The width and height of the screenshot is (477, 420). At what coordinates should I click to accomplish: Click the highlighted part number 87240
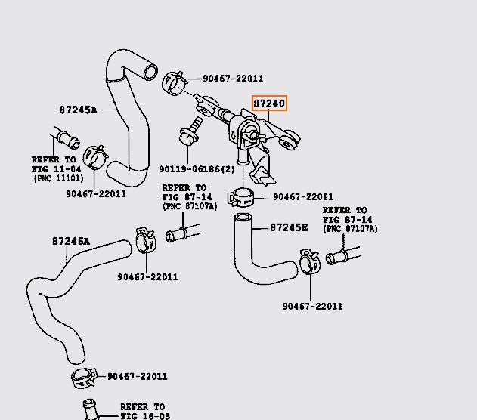(x=269, y=103)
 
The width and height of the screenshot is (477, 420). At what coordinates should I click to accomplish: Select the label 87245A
(x=78, y=110)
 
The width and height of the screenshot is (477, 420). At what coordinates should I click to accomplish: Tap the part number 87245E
(x=290, y=227)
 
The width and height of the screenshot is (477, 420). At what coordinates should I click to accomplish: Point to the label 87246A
(x=71, y=242)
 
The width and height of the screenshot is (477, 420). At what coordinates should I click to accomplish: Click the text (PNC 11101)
(x=57, y=178)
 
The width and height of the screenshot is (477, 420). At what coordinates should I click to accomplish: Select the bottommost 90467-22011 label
(x=137, y=376)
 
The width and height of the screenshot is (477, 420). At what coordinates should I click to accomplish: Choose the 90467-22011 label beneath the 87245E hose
(x=312, y=306)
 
